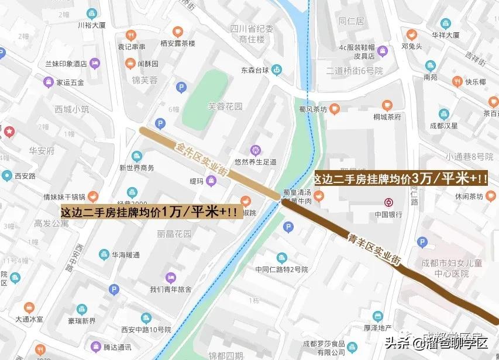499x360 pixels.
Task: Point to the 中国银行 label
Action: tap(388, 214)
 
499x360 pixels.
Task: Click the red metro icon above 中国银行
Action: tap(388, 203)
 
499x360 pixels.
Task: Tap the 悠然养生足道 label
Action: tap(255, 162)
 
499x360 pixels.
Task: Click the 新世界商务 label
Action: tap(137, 168)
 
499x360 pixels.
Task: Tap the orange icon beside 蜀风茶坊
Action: tap(334, 108)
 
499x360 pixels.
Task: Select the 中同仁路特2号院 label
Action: tap(281, 269)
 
